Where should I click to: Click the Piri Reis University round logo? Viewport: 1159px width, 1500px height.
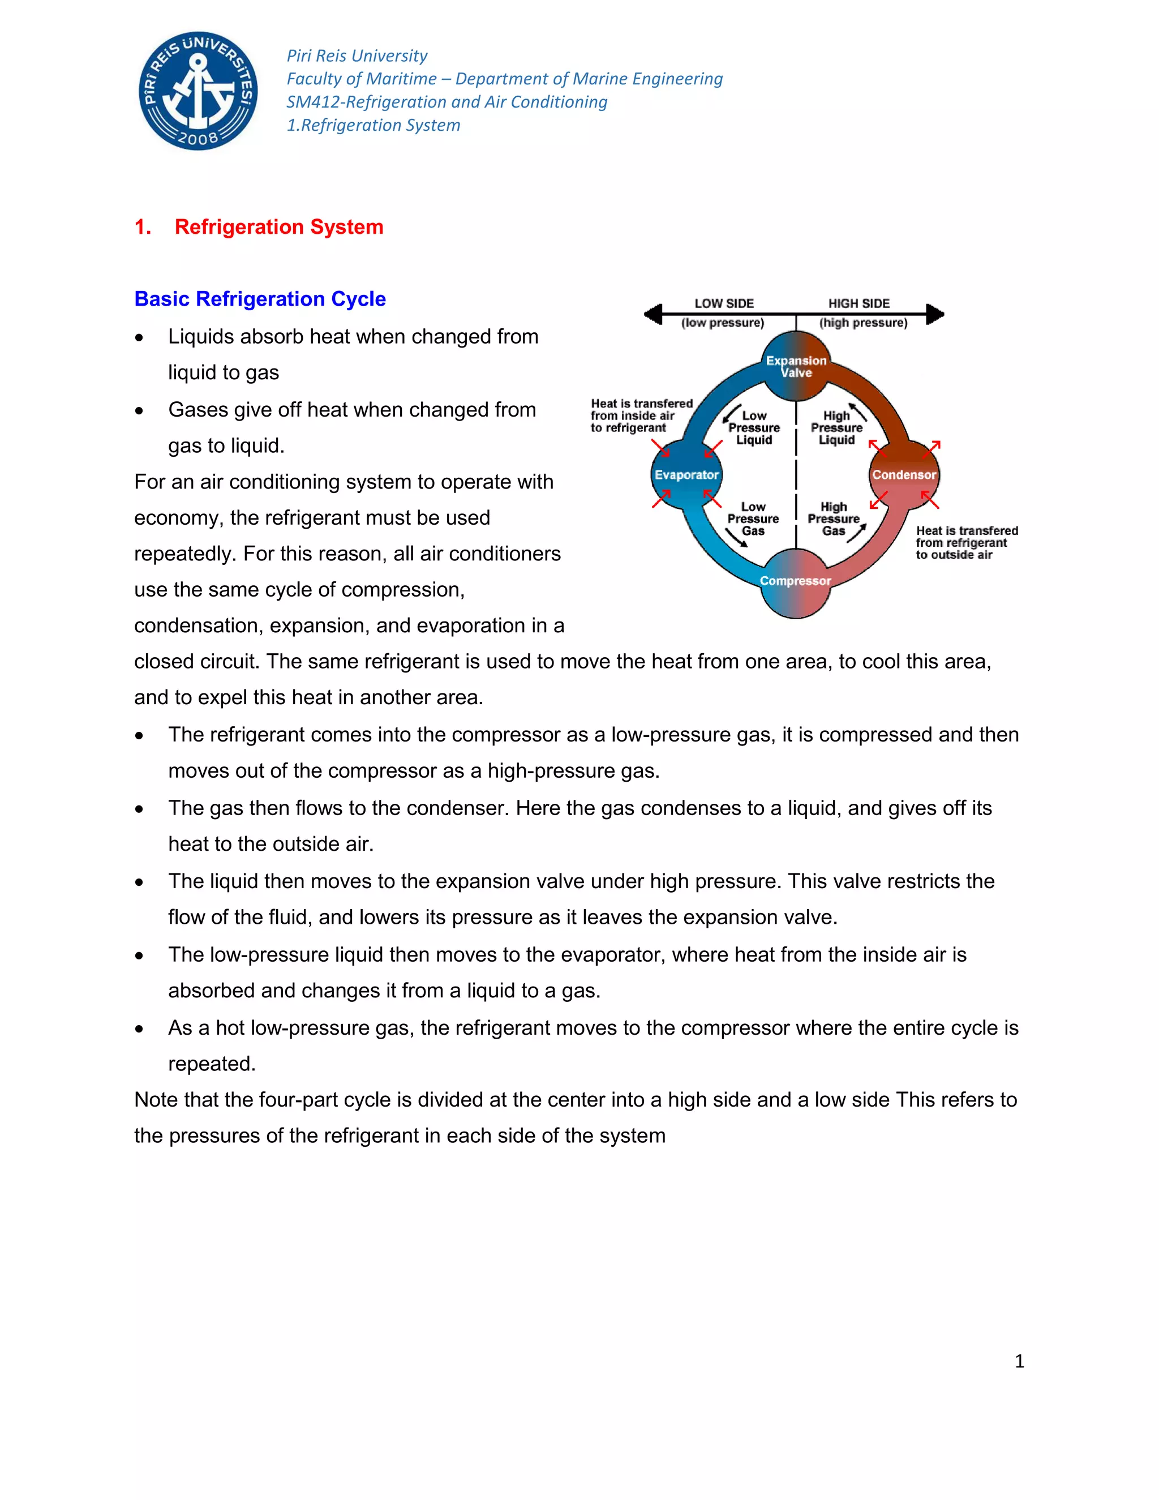click(x=199, y=91)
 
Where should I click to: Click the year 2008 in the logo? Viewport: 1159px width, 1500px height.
click(x=199, y=138)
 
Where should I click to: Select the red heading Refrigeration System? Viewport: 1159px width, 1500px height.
click(x=279, y=226)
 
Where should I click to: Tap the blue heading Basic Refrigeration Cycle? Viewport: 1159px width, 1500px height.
click(x=260, y=299)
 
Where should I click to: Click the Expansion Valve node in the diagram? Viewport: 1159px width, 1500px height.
click(x=796, y=367)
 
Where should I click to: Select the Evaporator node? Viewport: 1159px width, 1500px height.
click(x=686, y=474)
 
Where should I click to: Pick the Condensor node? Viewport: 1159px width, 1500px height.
click(x=904, y=474)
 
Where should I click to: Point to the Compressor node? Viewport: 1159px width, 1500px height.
click(x=795, y=581)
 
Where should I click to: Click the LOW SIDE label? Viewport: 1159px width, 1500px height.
click(x=724, y=303)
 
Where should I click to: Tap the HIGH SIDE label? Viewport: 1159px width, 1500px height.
click(x=859, y=303)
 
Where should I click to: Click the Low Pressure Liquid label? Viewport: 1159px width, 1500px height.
click(x=754, y=428)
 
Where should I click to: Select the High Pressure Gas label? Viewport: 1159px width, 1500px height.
click(x=834, y=518)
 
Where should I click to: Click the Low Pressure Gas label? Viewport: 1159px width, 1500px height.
click(x=753, y=518)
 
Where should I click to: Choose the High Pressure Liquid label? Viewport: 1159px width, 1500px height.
click(x=836, y=428)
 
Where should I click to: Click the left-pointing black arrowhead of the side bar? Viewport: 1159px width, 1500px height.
click(x=653, y=315)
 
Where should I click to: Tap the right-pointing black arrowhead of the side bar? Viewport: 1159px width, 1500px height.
click(x=935, y=315)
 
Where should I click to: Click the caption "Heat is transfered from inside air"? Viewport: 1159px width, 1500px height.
click(x=641, y=409)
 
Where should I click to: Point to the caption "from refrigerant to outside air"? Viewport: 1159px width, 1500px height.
click(x=961, y=548)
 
